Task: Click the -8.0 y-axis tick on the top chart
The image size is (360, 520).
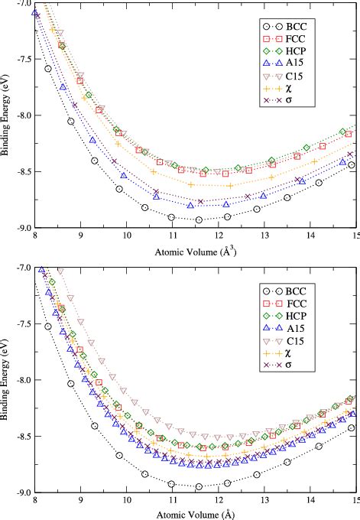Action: [x=23, y=115]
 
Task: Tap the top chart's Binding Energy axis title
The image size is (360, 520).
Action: [x=7, y=115]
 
